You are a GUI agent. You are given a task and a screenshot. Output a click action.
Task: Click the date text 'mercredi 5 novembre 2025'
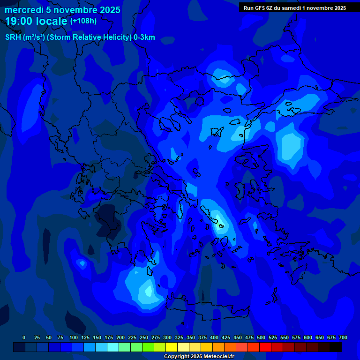[62, 10]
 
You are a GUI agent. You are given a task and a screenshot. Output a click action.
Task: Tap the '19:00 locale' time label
[36, 21]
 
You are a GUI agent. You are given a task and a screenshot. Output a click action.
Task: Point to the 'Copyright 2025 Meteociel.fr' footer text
[199, 356]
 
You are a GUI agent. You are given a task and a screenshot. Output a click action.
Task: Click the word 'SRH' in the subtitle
[13, 37]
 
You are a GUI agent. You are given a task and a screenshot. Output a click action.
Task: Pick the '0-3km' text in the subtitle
[144, 37]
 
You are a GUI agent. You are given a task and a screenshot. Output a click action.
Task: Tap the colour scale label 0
[24, 337]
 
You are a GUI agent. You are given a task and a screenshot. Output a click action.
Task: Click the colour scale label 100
[74, 337]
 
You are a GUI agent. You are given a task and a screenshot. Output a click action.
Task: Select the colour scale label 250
[144, 337]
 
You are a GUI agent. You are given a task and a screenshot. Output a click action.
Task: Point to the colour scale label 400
[214, 337]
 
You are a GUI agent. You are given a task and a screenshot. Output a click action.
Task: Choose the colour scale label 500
[261, 337]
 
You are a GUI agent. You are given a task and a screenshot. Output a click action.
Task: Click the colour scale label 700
[343, 337]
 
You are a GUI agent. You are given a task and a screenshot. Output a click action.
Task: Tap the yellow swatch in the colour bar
[172, 347]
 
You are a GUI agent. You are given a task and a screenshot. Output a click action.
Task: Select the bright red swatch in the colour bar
[265, 347]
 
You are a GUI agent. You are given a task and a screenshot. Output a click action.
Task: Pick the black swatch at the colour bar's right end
[336, 347]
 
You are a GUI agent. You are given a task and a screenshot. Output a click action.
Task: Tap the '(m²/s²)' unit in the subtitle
[34, 37]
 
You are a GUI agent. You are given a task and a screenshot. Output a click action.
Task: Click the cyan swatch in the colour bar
[113, 347]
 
